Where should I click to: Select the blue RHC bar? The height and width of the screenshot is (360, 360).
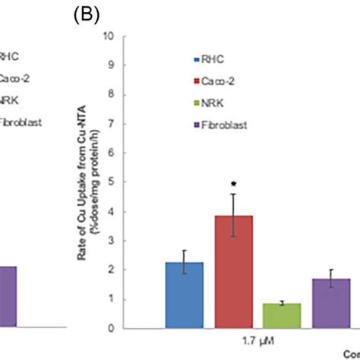pos(184,295)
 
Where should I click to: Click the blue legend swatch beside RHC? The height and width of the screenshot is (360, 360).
pos(197,58)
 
